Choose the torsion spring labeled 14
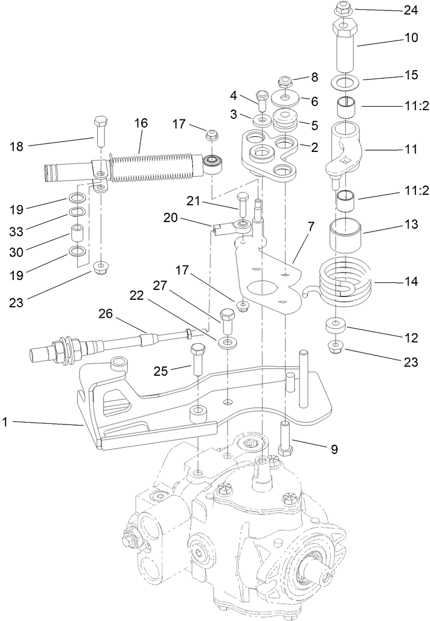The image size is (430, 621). tap(344, 282)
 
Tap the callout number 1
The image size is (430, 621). tap(5, 423)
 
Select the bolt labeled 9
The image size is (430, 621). tap(284, 440)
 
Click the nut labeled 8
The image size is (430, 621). tap(286, 81)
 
